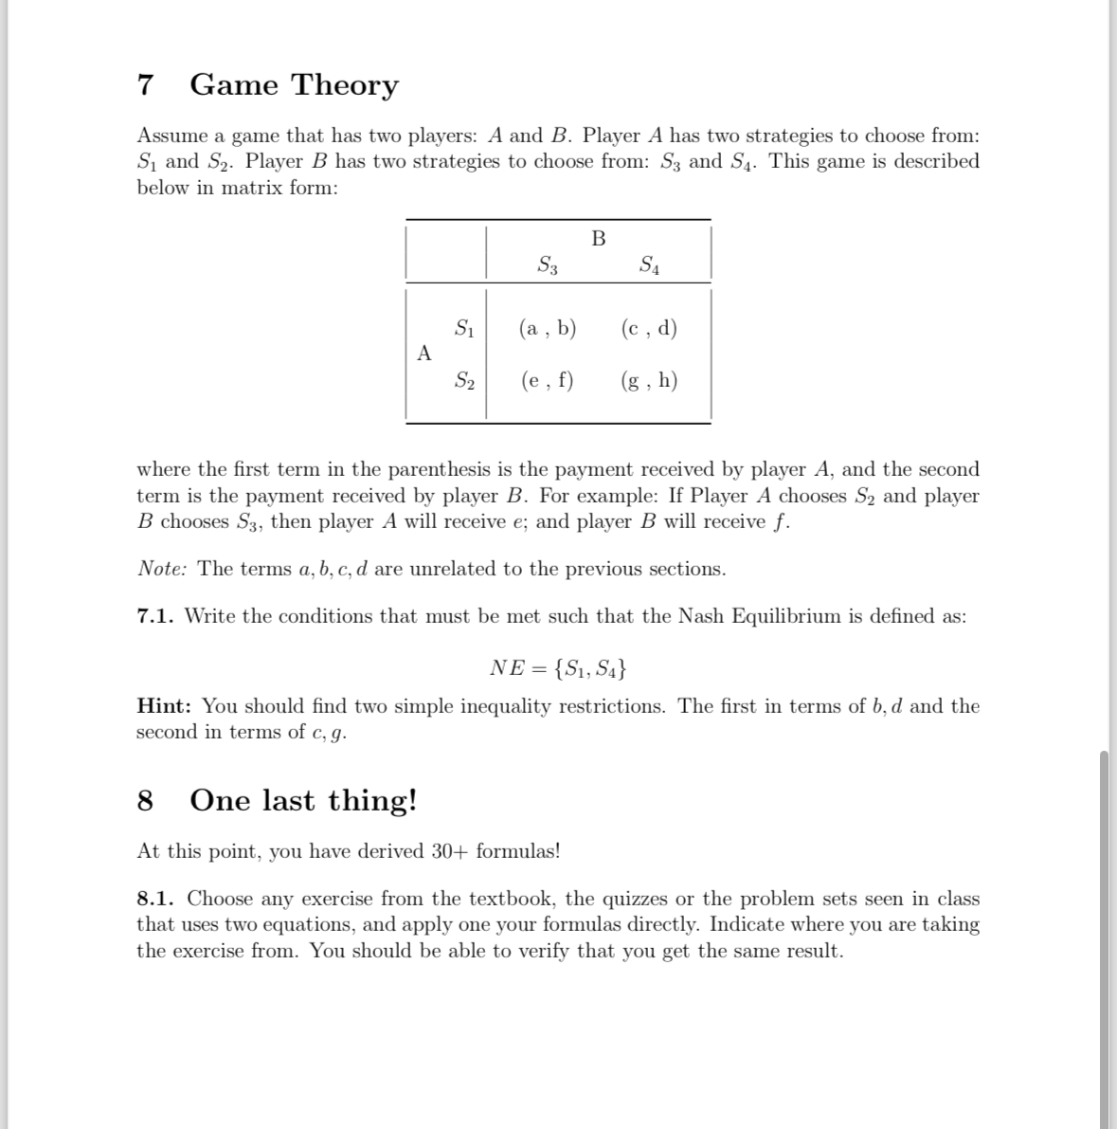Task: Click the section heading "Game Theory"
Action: (x=294, y=85)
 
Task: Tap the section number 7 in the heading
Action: (x=145, y=85)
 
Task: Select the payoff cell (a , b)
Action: (x=548, y=329)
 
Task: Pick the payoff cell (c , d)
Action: (x=649, y=329)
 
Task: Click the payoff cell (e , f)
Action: (x=548, y=381)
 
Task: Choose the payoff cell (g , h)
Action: (x=649, y=381)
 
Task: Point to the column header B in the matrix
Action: (x=598, y=238)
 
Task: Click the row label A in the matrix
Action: (x=424, y=354)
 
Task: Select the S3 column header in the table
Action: (x=548, y=265)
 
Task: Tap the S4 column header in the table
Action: (x=650, y=265)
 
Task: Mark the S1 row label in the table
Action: (x=464, y=329)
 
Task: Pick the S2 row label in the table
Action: (x=464, y=381)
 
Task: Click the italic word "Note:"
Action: (x=162, y=569)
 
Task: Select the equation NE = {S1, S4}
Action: (x=558, y=668)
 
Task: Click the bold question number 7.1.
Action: (x=155, y=616)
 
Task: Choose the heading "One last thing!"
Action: (x=303, y=801)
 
